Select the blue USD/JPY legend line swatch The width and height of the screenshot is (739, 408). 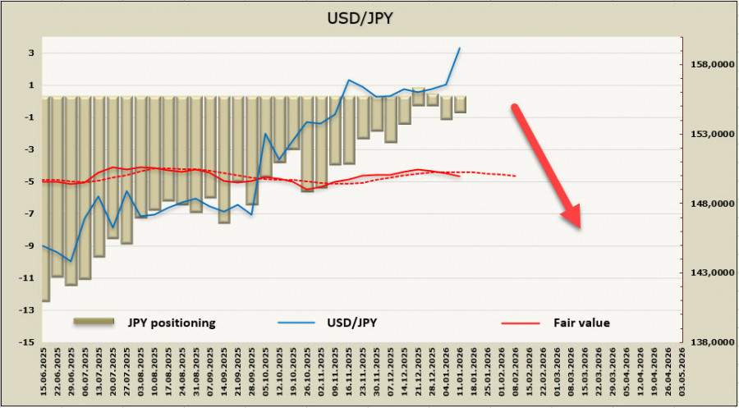pos(295,323)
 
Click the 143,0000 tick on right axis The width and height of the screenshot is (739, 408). pos(707,273)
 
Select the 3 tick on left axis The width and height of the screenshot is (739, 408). pos(30,53)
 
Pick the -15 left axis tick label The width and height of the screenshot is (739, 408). pos(27,342)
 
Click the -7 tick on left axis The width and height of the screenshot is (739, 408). pos(28,214)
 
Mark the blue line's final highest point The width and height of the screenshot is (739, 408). pos(459,48)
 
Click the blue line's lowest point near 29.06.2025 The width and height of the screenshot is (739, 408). pos(71,261)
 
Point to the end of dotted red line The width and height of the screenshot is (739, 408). pos(516,176)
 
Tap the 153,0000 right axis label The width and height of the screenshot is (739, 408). pos(707,134)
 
